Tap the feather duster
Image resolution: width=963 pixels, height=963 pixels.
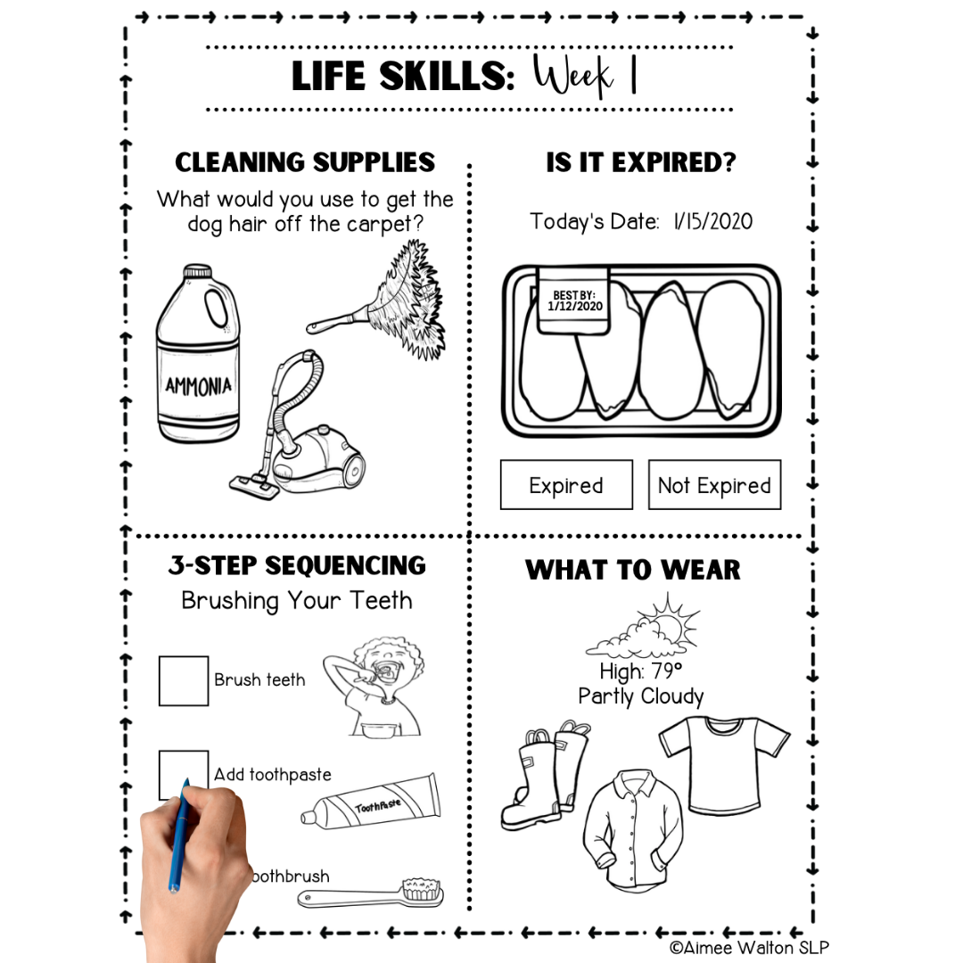coord(392,299)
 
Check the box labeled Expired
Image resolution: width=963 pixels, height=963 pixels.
coord(566,485)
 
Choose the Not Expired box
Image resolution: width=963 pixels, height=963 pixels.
coord(714,485)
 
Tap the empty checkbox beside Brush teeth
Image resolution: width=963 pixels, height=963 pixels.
coord(184,680)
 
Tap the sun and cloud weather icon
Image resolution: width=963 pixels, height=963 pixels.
coord(640,630)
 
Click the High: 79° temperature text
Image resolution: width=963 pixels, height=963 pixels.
coord(640,671)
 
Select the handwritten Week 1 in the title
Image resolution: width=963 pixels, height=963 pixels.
coord(586,77)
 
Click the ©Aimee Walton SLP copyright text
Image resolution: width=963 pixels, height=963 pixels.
coord(749,948)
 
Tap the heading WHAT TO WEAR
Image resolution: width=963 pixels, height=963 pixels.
coord(633,570)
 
